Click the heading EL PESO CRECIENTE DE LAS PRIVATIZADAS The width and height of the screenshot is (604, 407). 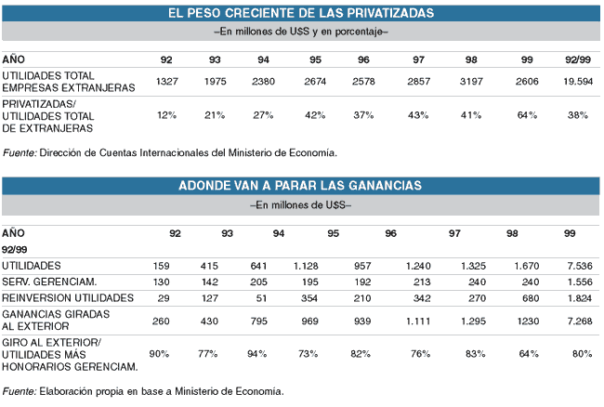click(x=301, y=12)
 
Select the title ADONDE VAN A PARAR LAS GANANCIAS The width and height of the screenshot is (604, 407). click(x=300, y=185)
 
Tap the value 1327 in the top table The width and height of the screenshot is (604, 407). click(x=167, y=82)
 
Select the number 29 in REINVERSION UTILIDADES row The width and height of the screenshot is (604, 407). click(x=163, y=298)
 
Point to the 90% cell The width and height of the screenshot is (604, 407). click(x=160, y=354)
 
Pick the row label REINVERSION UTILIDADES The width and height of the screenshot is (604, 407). click(x=67, y=298)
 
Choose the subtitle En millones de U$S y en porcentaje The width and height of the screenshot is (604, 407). click(x=301, y=32)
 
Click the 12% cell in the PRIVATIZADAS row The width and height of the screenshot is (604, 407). click(x=167, y=115)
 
